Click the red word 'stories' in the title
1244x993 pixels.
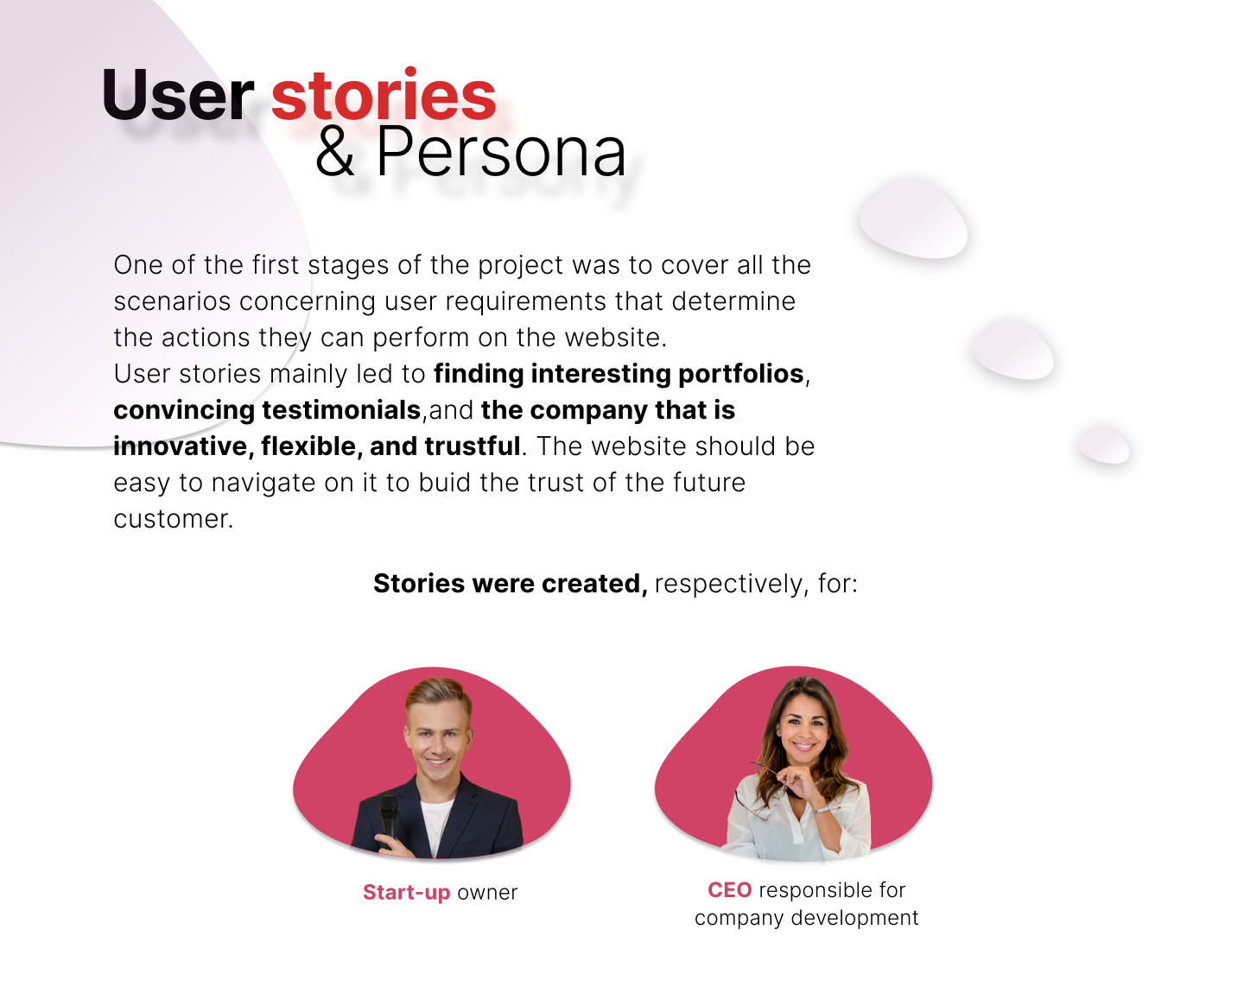click(384, 94)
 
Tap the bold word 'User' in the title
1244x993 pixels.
click(178, 94)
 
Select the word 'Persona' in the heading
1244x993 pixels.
click(500, 152)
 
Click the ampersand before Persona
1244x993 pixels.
click(334, 152)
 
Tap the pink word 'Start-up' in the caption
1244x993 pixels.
click(406, 893)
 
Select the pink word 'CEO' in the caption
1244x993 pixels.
click(729, 890)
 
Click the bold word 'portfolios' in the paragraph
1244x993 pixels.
click(740, 374)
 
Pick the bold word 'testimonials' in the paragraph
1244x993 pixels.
click(341, 410)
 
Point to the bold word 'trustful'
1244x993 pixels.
click(473, 446)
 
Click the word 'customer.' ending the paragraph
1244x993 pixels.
click(174, 519)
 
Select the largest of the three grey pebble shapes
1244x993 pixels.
click(913, 218)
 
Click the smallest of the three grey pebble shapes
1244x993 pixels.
click(1104, 444)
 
